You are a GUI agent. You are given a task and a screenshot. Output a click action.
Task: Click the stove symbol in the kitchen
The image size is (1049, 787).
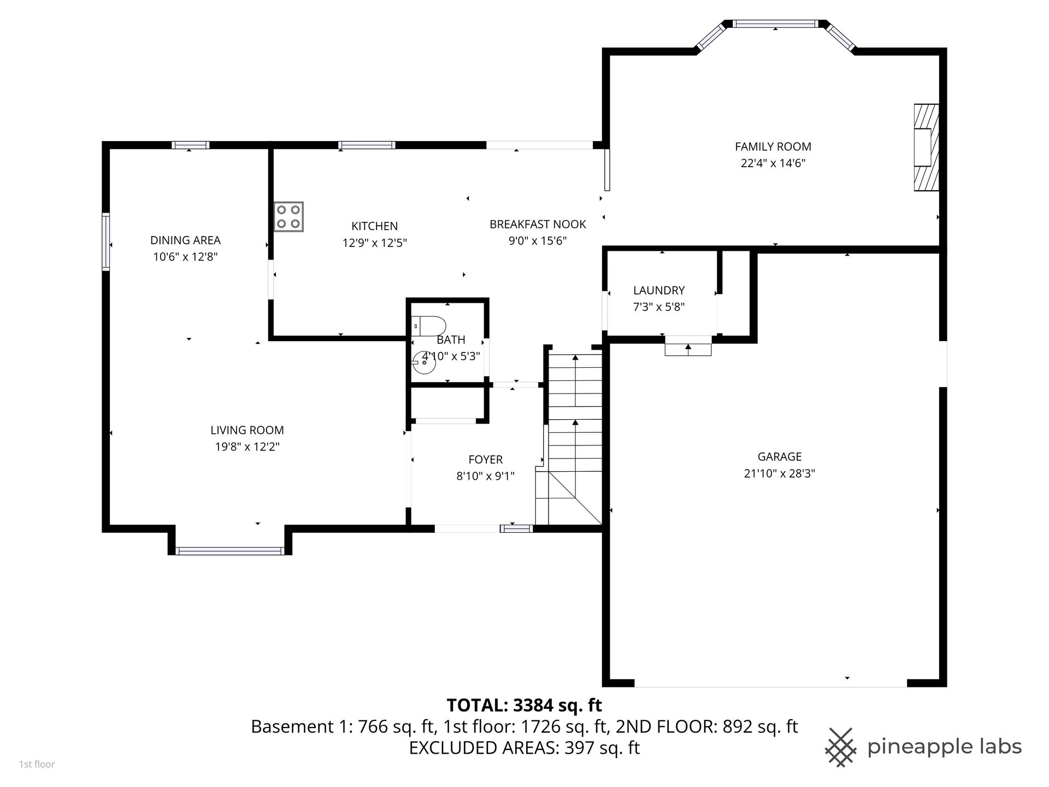(289, 217)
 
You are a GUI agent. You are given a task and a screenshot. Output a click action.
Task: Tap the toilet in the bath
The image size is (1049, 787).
(429, 326)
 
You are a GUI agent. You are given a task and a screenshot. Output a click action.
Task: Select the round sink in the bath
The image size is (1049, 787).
(424, 362)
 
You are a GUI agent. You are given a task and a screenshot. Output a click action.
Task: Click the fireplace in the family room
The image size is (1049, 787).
(927, 148)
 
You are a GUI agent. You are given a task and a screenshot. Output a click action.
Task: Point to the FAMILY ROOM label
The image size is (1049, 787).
(773, 146)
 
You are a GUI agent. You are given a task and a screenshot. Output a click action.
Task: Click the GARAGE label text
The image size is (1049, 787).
(780, 456)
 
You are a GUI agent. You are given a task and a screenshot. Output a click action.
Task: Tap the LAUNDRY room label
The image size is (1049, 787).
(659, 290)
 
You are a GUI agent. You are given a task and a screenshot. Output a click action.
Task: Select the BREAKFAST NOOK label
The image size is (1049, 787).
(538, 224)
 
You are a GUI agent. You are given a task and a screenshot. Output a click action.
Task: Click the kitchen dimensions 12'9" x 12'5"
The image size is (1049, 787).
(375, 243)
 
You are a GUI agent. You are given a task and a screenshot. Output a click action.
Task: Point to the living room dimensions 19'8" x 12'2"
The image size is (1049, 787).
(247, 447)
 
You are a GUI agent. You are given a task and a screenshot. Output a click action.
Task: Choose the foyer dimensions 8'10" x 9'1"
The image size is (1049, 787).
(486, 476)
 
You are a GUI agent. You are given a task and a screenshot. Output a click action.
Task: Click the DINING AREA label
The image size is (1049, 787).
(186, 240)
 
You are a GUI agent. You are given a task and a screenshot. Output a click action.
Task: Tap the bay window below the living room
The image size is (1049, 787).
(230, 551)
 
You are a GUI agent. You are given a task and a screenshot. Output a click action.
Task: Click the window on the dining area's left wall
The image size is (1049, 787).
(106, 242)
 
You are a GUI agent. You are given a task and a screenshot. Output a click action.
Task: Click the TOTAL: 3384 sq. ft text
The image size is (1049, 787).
(524, 706)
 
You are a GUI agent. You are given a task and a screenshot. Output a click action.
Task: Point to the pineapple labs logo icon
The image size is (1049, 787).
(841, 747)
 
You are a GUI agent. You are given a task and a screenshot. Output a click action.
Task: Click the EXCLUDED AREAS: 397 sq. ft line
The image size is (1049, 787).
(524, 747)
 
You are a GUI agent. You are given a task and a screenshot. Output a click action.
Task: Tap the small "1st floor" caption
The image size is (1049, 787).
(37, 764)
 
